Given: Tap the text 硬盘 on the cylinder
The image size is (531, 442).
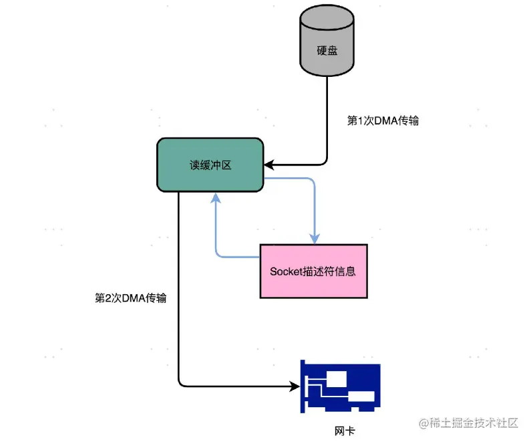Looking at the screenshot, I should [x=327, y=51].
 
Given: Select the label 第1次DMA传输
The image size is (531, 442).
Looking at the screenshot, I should [x=383, y=121].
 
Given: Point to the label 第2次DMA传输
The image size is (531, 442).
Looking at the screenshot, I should [x=130, y=298].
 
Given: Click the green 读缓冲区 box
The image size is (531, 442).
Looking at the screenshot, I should [x=210, y=165].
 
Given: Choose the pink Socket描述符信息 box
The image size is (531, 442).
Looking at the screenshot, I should [x=313, y=271].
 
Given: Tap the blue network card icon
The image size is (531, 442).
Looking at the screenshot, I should [x=340, y=389].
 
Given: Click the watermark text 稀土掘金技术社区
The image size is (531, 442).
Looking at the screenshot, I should [x=476, y=423].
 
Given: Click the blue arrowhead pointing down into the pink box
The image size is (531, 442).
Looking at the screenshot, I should [x=314, y=239].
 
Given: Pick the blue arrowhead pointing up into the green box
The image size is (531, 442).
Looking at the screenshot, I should [x=216, y=197].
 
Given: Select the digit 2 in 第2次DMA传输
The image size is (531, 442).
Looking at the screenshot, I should [x=107, y=298].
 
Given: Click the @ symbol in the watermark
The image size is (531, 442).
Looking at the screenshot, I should [x=423, y=423].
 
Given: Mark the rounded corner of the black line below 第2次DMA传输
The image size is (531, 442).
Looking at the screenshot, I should [x=180, y=384].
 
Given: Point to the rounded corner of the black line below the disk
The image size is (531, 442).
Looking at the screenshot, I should [x=325, y=161].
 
